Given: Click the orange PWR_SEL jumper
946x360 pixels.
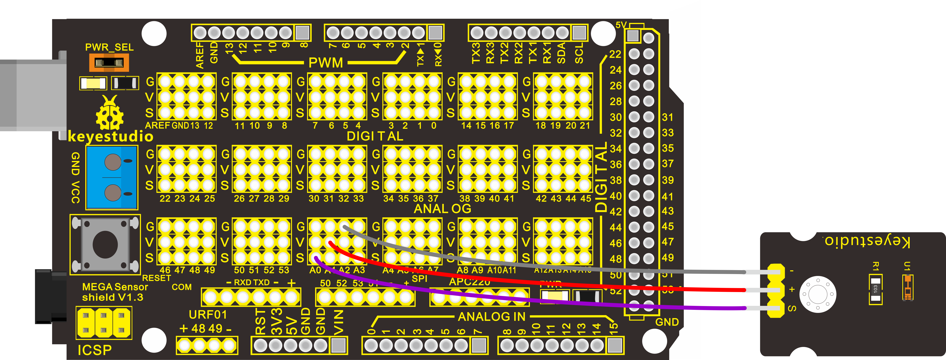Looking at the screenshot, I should [109, 62].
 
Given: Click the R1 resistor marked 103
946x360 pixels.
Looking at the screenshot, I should [875, 289].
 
